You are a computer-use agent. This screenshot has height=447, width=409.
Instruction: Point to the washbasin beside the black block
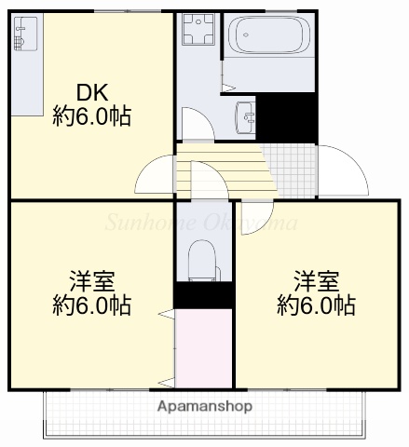click(x=246, y=115)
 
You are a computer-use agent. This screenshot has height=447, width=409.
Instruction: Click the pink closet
click(x=203, y=347)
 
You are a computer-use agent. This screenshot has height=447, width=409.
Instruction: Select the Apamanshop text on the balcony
click(x=203, y=407)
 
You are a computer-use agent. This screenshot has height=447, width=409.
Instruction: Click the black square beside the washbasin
click(x=287, y=116)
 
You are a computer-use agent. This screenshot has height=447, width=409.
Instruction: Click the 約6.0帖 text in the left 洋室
click(x=91, y=305)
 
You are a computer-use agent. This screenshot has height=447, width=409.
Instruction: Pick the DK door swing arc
click(x=154, y=172)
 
